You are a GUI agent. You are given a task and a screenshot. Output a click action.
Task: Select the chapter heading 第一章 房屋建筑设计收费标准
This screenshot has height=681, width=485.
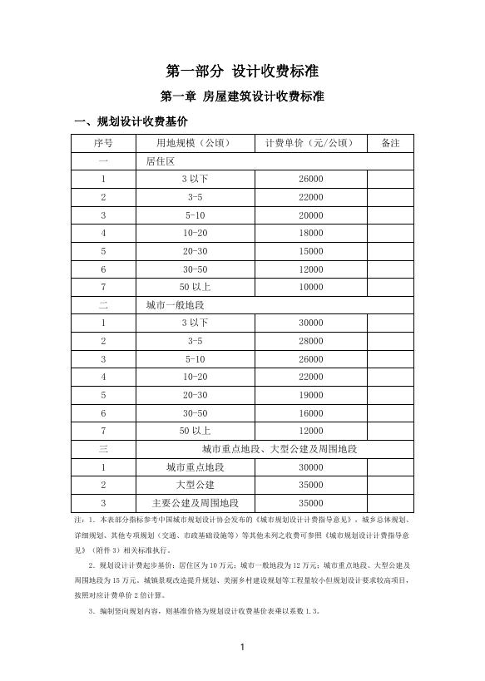pos(242,96)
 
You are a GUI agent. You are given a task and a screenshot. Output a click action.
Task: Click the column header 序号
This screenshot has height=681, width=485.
pos(103,143)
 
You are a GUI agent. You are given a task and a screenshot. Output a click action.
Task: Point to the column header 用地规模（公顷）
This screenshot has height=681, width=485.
pos(195,143)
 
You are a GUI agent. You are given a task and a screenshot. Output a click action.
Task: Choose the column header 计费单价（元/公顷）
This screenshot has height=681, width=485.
pos(310,143)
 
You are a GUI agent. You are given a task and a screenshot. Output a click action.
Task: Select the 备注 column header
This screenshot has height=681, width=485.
pos(390,143)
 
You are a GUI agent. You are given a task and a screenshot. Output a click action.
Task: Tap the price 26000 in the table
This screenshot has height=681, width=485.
pos(310,180)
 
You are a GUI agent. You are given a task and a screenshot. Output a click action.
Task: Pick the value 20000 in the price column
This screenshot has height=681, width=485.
pos(310,215)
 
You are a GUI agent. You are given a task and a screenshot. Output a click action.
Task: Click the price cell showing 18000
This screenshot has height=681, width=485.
pos(310,234)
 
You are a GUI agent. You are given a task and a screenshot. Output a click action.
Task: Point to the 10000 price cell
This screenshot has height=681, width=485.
pos(310,288)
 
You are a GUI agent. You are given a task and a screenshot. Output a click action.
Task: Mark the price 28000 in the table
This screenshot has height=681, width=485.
pos(310,341)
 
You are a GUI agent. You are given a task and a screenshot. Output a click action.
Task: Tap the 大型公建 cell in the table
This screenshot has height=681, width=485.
pos(195,485)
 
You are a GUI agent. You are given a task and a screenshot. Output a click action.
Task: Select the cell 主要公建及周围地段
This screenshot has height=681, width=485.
pos(195,503)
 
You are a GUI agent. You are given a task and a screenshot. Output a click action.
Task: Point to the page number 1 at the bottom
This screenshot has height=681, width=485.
pos(242,647)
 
